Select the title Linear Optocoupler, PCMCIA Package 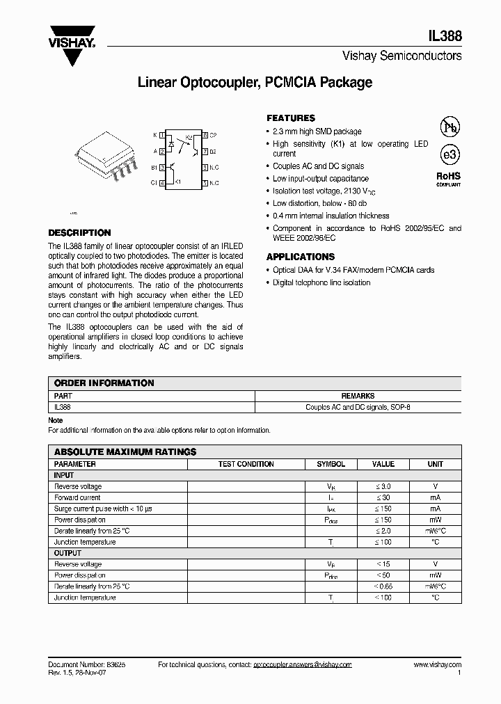point(255,83)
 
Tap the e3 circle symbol point(449,154)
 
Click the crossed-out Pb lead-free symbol point(450,127)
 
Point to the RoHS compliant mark point(448,178)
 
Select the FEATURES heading point(291,118)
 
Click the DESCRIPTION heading point(79,233)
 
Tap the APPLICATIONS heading point(301,257)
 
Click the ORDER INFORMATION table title point(104,383)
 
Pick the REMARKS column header point(358,395)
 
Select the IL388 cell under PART point(63,406)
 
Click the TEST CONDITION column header point(246,464)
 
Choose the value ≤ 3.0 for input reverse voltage point(383,486)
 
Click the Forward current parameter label point(77,497)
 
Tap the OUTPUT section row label point(68,553)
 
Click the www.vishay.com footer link point(437,665)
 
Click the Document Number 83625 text point(86,665)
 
